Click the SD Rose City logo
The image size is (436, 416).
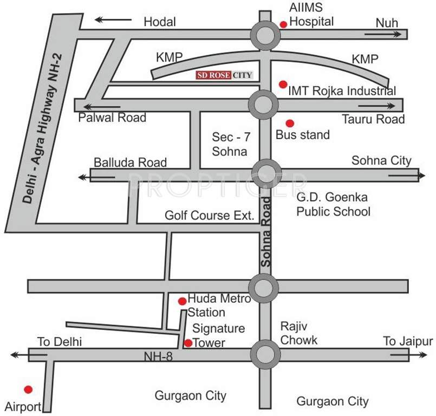pos(224,75)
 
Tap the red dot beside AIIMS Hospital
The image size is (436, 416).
pos(283,24)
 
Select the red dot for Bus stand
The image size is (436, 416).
pos(290,123)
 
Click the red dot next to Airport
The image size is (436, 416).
pos(28,389)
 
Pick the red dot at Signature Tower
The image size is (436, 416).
pos(188,342)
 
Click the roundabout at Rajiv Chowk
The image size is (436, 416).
pos(265,354)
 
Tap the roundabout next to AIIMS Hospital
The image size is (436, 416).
pos(265,35)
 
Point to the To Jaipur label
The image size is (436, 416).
pos(408,341)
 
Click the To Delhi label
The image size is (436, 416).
pos(58,342)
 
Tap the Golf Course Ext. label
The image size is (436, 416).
pos(210,216)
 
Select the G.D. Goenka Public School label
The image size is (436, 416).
pos(333,204)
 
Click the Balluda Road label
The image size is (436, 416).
pos(130,162)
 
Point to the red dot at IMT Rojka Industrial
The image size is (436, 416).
pos(282,84)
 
